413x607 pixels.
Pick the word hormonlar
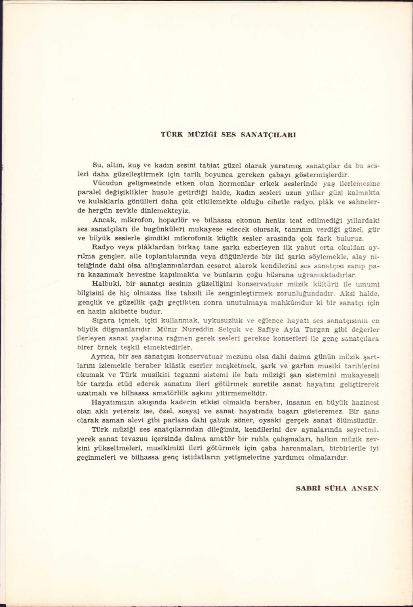tap(219, 182)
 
